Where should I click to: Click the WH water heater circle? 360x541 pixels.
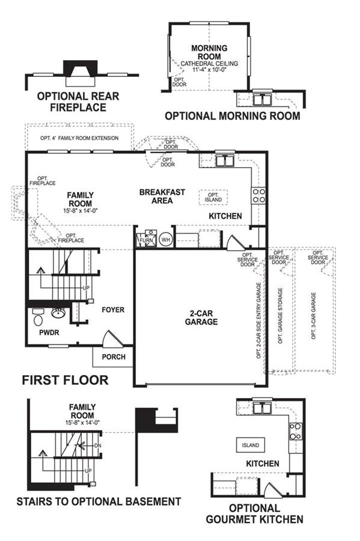pos(166,239)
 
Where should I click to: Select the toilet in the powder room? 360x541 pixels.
pos(38,317)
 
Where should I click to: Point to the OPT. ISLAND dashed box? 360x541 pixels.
pos(213,197)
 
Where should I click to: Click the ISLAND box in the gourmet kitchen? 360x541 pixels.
pos(251,445)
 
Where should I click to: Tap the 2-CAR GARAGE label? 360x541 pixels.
pos(201,317)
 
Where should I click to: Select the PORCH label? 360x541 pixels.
pos(114,356)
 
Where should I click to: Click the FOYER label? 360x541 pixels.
pos(113,310)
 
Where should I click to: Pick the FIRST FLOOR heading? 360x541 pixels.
pos(65,381)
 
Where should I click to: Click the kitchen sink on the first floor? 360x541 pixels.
pos(225,160)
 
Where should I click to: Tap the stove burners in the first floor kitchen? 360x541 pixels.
pos(258,195)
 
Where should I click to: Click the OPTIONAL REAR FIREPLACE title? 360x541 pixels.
pos(78,102)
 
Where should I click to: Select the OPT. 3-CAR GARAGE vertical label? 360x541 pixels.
pos(314,316)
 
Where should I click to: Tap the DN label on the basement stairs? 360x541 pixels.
pos(98,445)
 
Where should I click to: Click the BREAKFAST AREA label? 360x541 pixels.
pos(162,197)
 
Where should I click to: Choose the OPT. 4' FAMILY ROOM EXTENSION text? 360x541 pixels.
pos(79,138)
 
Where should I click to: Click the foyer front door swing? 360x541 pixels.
pos(113,339)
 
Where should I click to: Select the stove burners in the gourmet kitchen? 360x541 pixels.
pos(296,431)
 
